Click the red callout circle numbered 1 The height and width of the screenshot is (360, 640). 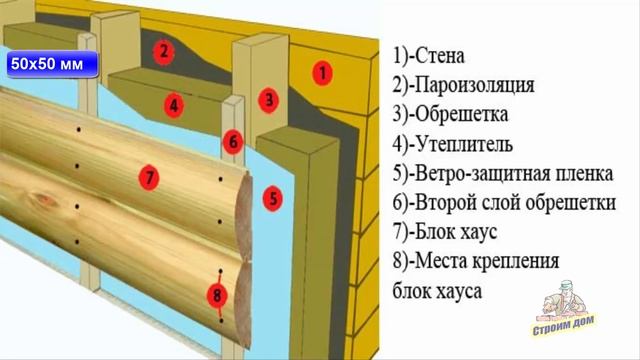(322, 71)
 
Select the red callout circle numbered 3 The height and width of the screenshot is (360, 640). (268, 99)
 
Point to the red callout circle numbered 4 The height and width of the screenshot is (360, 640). (173, 103)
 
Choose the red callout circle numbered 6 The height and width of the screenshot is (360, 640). (230, 140)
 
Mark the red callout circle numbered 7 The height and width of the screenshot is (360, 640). (147, 179)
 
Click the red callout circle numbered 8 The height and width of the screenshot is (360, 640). (215, 295)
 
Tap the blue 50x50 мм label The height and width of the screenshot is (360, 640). (50, 64)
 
